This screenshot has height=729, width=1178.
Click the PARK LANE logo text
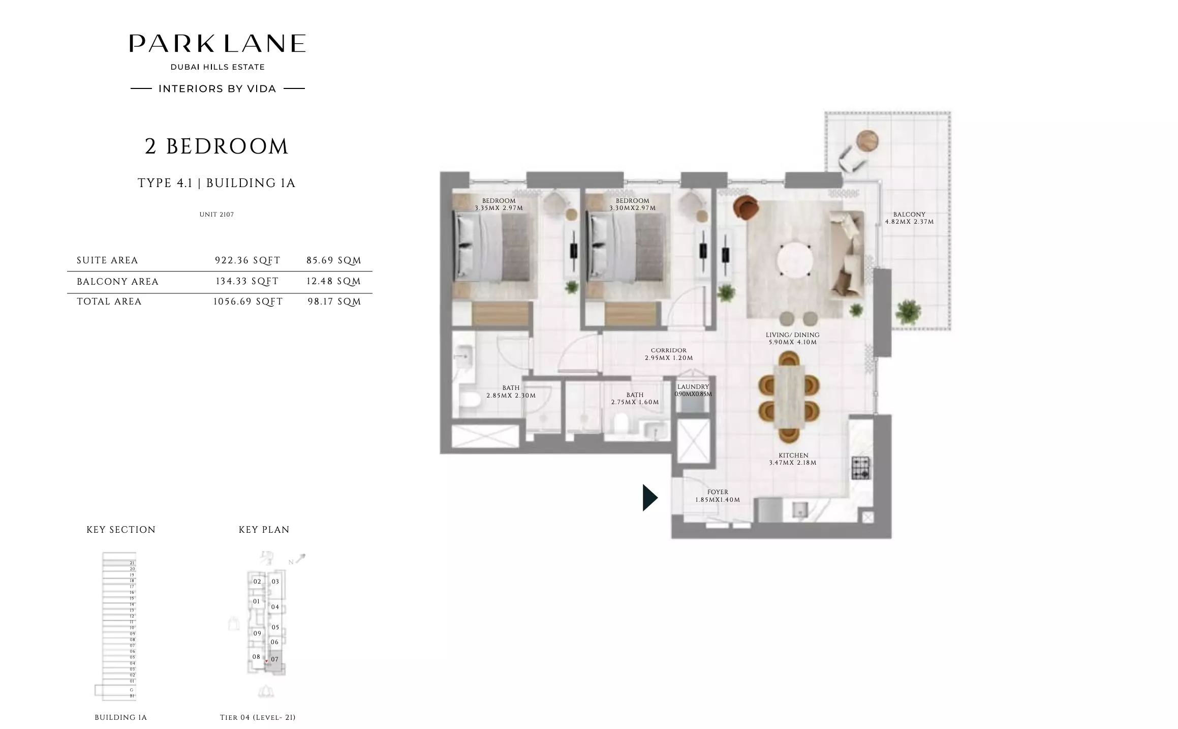click(217, 44)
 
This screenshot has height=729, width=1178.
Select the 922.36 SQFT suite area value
click(247, 260)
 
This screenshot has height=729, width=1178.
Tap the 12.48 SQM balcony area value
click(333, 281)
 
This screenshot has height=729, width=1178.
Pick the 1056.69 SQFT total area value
click(247, 301)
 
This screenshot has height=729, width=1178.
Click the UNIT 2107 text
click(216, 215)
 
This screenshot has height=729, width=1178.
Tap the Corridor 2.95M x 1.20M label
click(668, 354)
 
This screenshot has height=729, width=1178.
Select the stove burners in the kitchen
click(860, 468)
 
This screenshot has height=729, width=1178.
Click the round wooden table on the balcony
click(867, 140)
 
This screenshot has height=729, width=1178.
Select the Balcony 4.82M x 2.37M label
click(909, 218)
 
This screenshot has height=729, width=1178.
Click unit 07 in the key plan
click(274, 659)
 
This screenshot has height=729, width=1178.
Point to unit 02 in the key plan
click(257, 582)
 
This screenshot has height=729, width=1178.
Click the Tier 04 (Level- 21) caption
click(258, 717)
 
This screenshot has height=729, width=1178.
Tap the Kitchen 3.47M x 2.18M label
click(793, 459)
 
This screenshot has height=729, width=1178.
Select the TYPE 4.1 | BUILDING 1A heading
click(216, 183)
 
